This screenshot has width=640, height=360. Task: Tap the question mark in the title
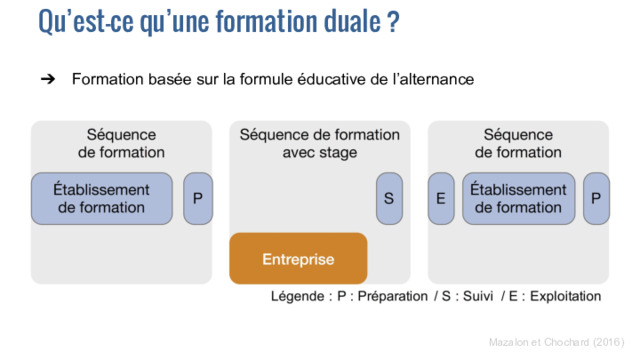394,21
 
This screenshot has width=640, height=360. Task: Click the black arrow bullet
48,79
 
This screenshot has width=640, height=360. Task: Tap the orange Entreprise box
298,258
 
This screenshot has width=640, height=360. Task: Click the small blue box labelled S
389,198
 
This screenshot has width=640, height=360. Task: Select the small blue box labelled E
441,198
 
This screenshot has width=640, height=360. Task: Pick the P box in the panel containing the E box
596,198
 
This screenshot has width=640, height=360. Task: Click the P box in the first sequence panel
198,198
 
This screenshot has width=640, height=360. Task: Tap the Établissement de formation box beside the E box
518,198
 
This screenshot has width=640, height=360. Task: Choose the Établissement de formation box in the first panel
102,198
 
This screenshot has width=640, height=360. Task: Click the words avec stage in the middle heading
320,153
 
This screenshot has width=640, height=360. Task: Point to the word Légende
298,296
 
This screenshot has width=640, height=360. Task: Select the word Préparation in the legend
393,296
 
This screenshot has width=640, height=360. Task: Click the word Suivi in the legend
478,296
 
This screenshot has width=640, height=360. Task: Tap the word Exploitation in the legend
565,296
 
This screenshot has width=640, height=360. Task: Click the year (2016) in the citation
609,342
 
